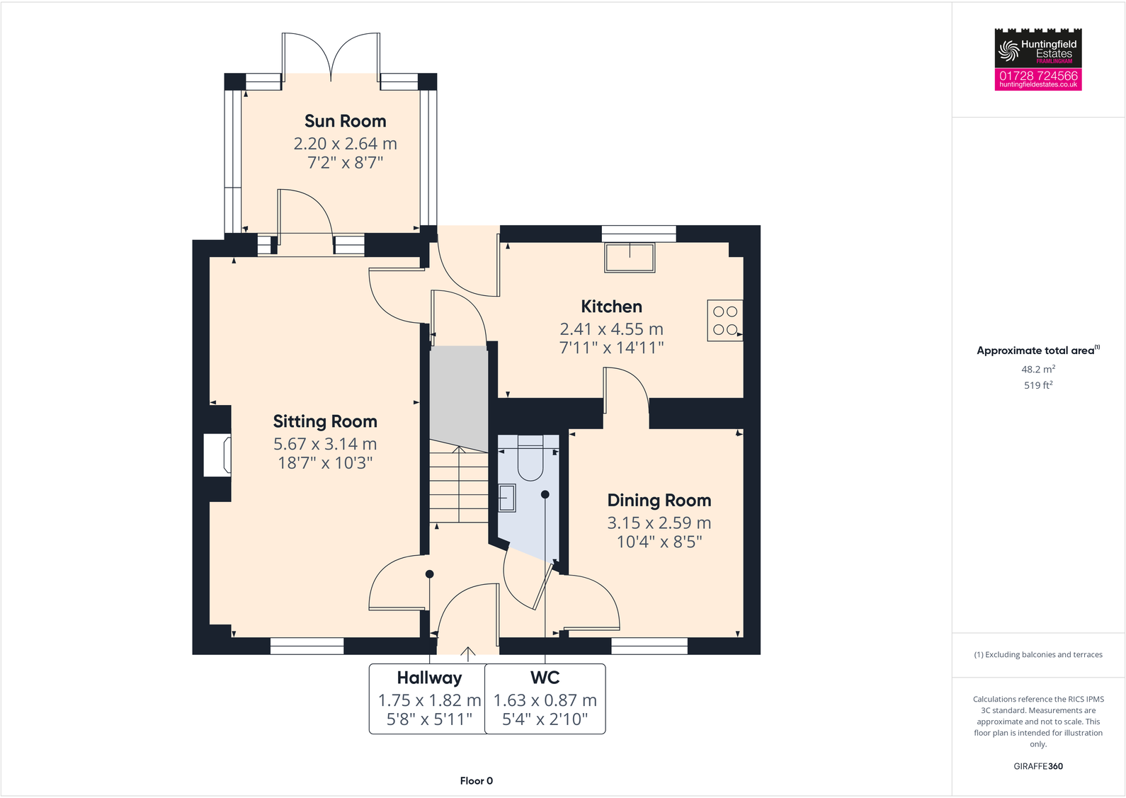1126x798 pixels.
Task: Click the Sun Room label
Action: click(345, 121)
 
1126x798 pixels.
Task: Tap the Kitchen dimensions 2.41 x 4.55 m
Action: click(611, 329)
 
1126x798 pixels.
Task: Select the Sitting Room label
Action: click(325, 421)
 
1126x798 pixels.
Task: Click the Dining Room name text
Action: click(659, 501)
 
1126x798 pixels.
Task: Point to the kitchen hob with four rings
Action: click(724, 321)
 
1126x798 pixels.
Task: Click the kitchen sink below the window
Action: click(630, 258)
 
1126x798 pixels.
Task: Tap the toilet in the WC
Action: click(530, 457)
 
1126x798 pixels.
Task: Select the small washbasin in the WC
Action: click(507, 498)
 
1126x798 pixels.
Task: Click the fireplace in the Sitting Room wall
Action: click(217, 455)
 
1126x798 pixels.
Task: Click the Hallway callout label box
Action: click(428, 698)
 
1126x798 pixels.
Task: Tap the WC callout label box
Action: click(545, 698)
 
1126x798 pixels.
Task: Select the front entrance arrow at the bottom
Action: click(467, 652)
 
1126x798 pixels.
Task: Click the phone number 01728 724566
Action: click(1037, 76)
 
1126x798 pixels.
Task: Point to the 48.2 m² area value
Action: click(1037, 370)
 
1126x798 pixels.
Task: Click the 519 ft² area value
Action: click(1037, 385)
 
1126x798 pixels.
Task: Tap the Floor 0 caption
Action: click(476, 780)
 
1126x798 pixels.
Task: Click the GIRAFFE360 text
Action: click(1037, 766)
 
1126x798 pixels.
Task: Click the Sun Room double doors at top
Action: click(331, 57)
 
